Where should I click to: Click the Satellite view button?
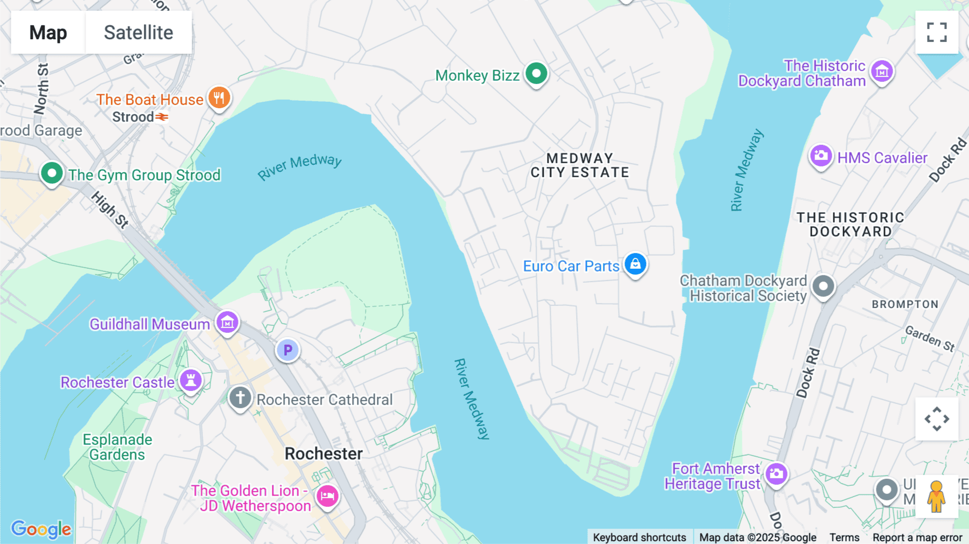click(138, 32)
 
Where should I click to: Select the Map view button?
click(48, 32)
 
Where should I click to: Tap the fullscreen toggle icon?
click(937, 32)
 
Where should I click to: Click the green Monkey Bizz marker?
click(536, 73)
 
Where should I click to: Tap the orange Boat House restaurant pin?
click(219, 98)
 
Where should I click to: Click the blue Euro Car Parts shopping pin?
click(635, 264)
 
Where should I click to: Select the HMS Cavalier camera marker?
click(820, 156)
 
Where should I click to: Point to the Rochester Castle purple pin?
click(191, 380)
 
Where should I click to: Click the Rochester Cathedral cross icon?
click(240, 398)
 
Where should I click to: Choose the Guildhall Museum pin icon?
click(227, 323)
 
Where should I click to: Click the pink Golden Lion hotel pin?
click(327, 496)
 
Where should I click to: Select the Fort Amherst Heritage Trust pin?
click(776, 474)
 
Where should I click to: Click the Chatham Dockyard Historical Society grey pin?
click(823, 286)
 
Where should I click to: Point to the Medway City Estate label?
click(580, 165)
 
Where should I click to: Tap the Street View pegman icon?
click(937, 497)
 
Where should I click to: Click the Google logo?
click(41, 529)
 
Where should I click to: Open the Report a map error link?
click(917, 538)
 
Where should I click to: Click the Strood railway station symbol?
click(162, 117)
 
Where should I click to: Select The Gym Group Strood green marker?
click(52, 173)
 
